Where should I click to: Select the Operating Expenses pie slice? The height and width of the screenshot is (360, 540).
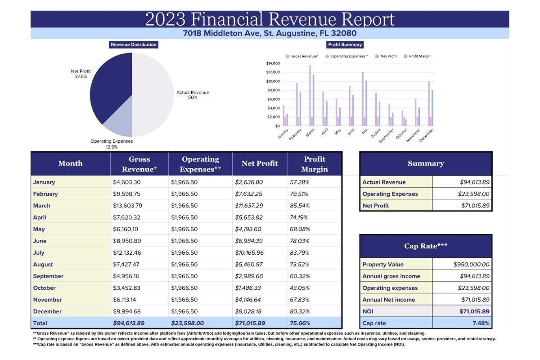click(118, 121)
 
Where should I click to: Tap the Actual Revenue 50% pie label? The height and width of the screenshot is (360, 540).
click(193, 95)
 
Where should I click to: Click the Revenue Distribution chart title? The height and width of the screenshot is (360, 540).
click(134, 45)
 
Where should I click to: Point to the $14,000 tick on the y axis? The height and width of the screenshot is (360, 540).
click(273, 63)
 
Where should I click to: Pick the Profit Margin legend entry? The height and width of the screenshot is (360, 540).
click(417, 56)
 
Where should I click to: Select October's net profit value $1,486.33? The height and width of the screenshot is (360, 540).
click(247, 288)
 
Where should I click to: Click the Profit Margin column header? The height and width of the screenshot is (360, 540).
click(315, 164)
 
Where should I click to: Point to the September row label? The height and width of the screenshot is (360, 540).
click(48, 276)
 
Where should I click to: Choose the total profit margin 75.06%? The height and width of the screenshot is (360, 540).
click(300, 323)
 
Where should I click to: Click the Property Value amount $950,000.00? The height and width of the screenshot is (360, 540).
click(471, 265)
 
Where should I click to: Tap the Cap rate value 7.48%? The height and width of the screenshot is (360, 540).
click(481, 323)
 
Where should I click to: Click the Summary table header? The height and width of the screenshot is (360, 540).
click(426, 164)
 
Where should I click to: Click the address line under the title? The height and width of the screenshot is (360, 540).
click(270, 33)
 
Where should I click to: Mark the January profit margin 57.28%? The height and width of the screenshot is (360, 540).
click(300, 182)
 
